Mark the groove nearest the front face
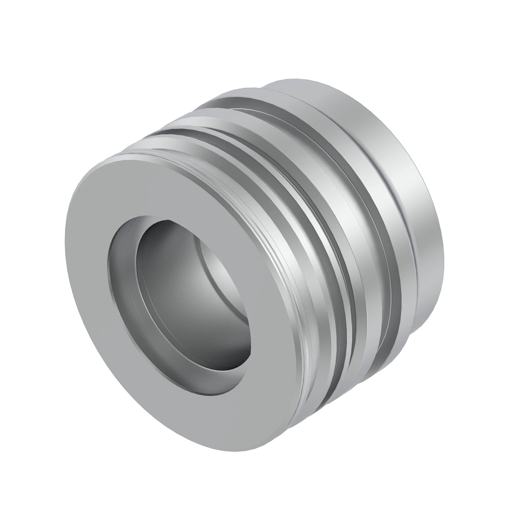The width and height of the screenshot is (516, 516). (x=301, y=258)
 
